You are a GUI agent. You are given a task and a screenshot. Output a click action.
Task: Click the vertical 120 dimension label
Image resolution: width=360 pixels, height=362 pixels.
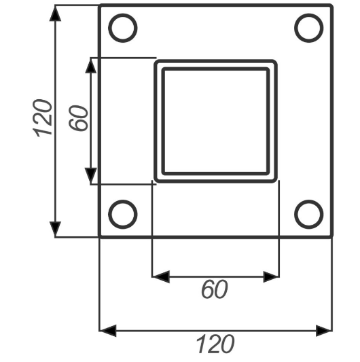(42, 118)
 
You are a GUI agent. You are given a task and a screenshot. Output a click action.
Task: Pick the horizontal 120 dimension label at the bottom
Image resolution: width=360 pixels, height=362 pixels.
(215, 344)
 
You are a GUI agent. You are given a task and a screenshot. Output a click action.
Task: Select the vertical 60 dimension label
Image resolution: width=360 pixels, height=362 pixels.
(78, 118)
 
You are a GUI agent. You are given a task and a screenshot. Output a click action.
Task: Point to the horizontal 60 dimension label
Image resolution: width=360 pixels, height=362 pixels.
(215, 289)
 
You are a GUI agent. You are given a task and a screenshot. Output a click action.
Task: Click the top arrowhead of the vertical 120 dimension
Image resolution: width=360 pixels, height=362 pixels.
(55, 13)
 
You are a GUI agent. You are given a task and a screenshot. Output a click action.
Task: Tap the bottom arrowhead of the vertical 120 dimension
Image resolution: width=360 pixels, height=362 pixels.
(55, 229)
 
